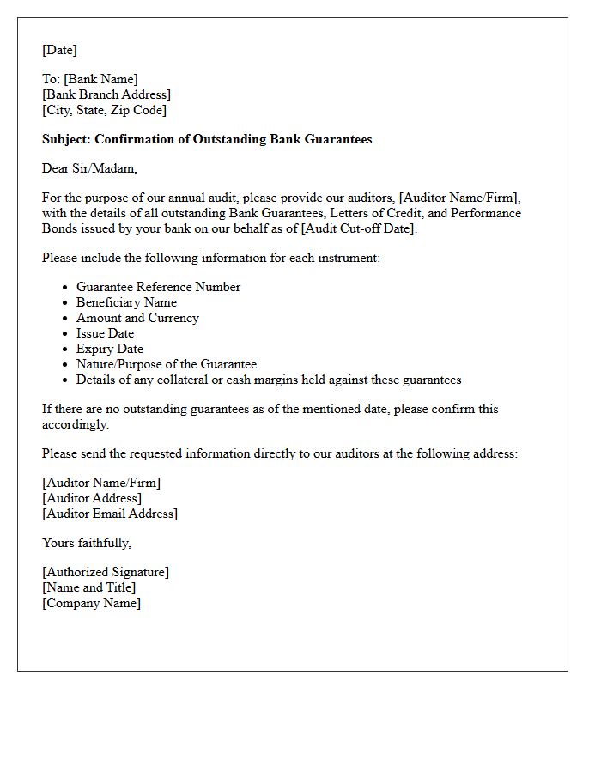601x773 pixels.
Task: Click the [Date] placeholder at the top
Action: click(x=59, y=50)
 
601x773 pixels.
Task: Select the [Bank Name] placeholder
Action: click(x=100, y=79)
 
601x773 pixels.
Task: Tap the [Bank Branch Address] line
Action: click(x=106, y=94)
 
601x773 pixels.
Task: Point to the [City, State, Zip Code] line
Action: click(x=104, y=110)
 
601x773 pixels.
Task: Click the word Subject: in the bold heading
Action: click(x=66, y=139)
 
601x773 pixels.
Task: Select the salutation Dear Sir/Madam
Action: click(x=89, y=168)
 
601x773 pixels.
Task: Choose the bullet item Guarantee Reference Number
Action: click(x=158, y=287)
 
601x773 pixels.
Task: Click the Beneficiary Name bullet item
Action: click(x=126, y=302)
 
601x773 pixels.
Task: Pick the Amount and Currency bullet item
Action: click(x=137, y=318)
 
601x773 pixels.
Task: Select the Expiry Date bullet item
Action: click(x=110, y=349)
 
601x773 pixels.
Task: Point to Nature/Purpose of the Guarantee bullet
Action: click(x=167, y=364)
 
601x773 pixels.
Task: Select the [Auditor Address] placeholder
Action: click(x=92, y=498)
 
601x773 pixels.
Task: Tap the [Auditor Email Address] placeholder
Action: click(x=110, y=514)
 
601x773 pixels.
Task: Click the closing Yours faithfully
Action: click(x=86, y=543)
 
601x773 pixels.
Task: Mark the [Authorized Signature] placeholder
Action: click(x=106, y=572)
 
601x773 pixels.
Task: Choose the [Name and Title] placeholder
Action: click(x=88, y=587)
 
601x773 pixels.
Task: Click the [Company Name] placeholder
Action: click(x=91, y=603)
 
